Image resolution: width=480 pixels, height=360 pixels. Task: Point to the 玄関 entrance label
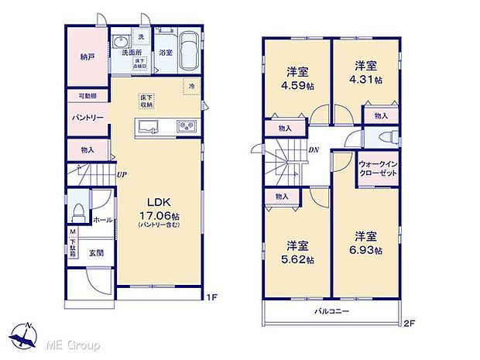click(x=96, y=252)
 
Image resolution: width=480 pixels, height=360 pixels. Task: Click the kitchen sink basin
click(x=149, y=127)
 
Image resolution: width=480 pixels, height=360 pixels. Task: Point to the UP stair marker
click(x=122, y=175)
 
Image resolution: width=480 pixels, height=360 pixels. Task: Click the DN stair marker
click(x=314, y=150)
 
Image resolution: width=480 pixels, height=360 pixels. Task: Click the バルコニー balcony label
click(x=331, y=312)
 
